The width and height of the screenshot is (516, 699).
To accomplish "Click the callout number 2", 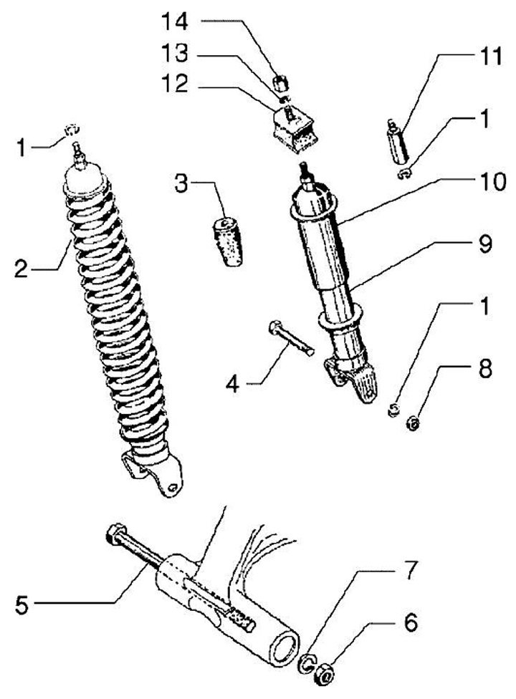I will (22, 270).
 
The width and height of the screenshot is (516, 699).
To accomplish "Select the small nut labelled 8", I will (413, 424).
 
